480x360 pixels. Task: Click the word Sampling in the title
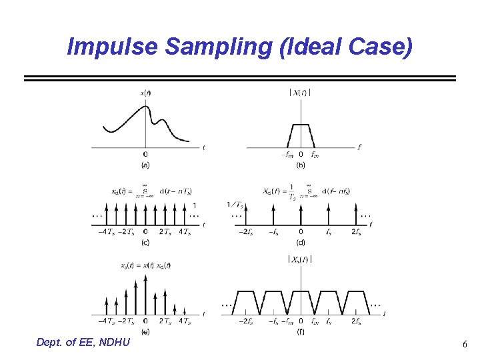[x=199, y=47]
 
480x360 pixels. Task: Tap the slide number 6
[x=465, y=345]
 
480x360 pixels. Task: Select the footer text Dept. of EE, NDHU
[x=84, y=343]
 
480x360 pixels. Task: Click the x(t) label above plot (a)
[x=145, y=93]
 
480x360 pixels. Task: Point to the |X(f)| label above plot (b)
[x=300, y=92]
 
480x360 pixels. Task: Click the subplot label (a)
[x=145, y=164]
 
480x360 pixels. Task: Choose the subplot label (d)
[x=301, y=242]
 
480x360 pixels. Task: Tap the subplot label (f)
[x=301, y=331]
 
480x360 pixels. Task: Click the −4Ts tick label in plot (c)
[x=105, y=232]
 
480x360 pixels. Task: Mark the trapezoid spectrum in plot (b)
[x=301, y=135]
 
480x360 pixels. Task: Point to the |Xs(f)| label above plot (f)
[x=300, y=259]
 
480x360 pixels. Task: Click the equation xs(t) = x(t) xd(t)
[x=145, y=265]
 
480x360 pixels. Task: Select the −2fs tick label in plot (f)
[x=245, y=322]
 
